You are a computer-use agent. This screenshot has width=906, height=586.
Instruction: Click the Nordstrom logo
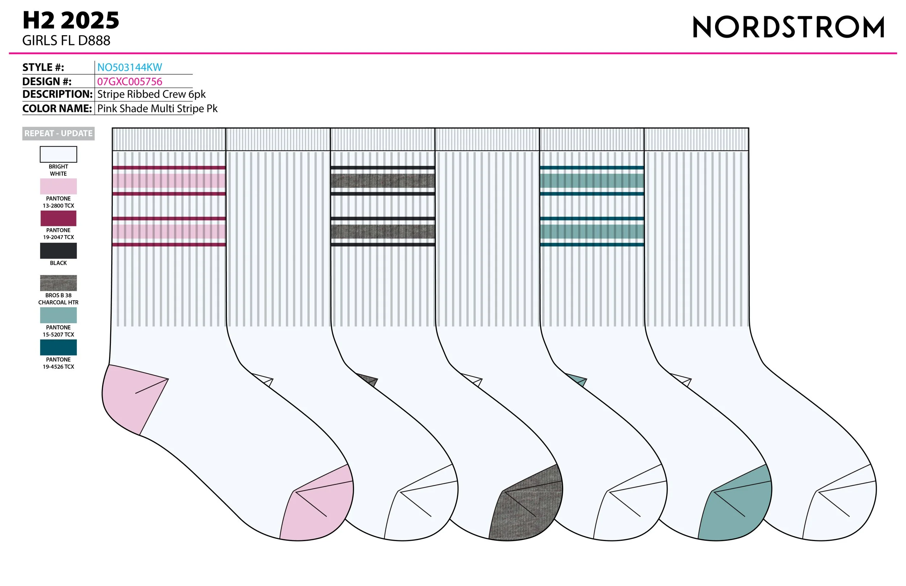pos(788,27)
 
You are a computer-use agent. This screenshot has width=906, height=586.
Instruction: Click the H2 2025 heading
pos(71,21)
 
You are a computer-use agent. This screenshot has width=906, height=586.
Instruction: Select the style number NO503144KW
pos(129,67)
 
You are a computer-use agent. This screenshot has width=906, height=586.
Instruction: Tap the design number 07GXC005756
pos(129,81)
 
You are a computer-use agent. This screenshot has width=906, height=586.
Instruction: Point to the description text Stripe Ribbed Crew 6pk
pos(151,95)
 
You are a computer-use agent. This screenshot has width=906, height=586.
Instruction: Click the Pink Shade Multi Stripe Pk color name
pos(157,108)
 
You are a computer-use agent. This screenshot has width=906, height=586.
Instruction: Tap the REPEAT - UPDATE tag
pos(58,134)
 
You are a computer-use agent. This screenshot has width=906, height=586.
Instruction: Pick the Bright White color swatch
pos(58,154)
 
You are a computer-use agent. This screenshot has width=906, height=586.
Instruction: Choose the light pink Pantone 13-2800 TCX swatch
pos(58,187)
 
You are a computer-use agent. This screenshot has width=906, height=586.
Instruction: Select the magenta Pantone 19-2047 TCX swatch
pos(58,218)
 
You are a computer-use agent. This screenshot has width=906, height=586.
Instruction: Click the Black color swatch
pos(58,251)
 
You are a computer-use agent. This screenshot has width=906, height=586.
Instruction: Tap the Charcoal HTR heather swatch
pos(58,283)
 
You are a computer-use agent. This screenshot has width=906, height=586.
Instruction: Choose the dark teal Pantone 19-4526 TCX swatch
pos(58,347)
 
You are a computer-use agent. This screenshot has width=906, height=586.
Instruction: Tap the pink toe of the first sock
pos(320,510)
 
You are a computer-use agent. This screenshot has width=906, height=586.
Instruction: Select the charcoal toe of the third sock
pos(529,510)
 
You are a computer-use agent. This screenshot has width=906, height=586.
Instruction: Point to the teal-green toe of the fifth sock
pos(739,510)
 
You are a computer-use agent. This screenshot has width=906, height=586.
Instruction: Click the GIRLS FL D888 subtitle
pos(66,41)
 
